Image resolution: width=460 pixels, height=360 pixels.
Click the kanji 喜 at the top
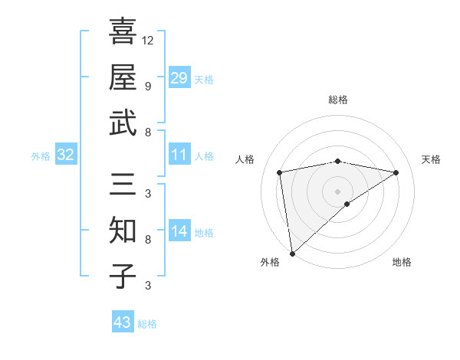123,31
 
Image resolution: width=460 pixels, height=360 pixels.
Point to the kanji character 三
123,184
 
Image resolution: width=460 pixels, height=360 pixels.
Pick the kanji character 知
123,231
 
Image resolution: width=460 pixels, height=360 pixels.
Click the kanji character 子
123,276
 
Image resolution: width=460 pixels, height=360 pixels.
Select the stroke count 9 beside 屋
148,86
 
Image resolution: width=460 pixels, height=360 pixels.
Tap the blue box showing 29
179,78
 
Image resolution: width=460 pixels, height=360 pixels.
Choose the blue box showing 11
179,155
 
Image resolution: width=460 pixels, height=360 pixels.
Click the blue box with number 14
179,231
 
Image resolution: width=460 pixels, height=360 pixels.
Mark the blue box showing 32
65,155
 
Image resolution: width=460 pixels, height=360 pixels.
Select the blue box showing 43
122,322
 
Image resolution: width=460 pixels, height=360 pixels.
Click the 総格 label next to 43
147,324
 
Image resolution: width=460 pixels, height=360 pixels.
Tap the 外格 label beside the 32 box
41,156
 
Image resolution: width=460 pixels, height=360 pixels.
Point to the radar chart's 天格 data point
396,172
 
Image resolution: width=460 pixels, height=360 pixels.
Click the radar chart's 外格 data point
292,253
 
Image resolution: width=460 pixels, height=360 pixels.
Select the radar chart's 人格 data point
280,172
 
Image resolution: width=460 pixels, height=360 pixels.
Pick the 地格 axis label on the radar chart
402,263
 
